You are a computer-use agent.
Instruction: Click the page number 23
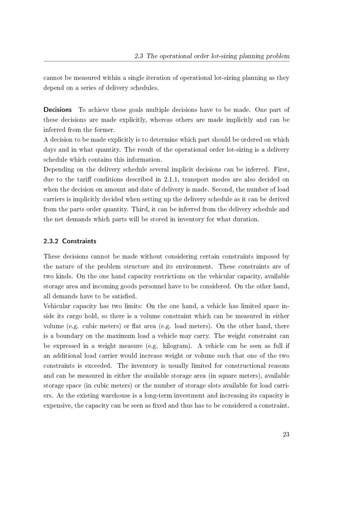(x=286, y=434)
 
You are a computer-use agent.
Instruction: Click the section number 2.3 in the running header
(x=139, y=56)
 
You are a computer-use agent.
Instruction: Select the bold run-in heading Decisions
(x=58, y=110)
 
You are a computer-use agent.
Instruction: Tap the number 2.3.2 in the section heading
(x=51, y=241)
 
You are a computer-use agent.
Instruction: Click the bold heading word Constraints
(x=79, y=241)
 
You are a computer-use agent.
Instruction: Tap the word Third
(x=139, y=210)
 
